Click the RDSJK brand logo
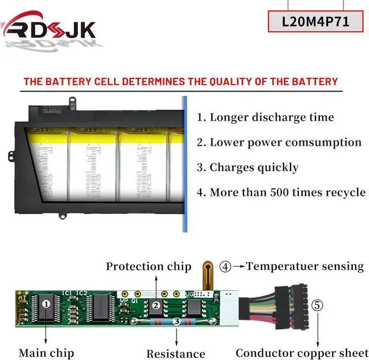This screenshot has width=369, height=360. click(48, 27)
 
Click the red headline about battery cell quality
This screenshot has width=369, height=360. click(180, 81)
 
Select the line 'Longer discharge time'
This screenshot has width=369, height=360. click(265, 118)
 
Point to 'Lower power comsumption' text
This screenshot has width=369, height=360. click(279, 142)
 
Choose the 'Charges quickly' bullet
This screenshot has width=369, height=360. click(248, 168)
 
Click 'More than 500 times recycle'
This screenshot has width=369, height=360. click(281, 192)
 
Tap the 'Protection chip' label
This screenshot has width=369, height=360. click(148, 266)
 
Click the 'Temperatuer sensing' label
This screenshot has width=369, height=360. click(305, 266)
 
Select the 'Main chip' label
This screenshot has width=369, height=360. click(46, 352)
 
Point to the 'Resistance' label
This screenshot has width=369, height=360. click(175, 354)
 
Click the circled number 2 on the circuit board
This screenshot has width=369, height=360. click(156, 306)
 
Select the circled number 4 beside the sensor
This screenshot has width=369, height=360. click(225, 267)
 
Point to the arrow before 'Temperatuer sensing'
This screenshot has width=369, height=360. click(238, 267)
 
